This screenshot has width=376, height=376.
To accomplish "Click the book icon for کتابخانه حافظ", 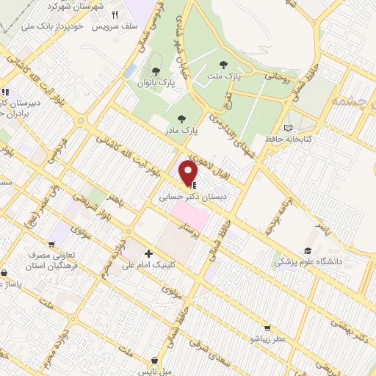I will point(297,126).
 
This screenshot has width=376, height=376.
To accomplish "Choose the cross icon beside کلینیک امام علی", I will point(148,253).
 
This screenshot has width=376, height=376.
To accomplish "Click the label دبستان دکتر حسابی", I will point(187,198).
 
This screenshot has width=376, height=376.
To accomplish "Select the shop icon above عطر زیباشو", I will point(267,328).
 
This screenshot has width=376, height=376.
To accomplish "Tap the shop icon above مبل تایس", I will point(154,361).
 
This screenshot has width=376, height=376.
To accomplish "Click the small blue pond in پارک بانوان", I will point(130,71).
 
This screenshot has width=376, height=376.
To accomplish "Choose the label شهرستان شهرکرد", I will point(71,6).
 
